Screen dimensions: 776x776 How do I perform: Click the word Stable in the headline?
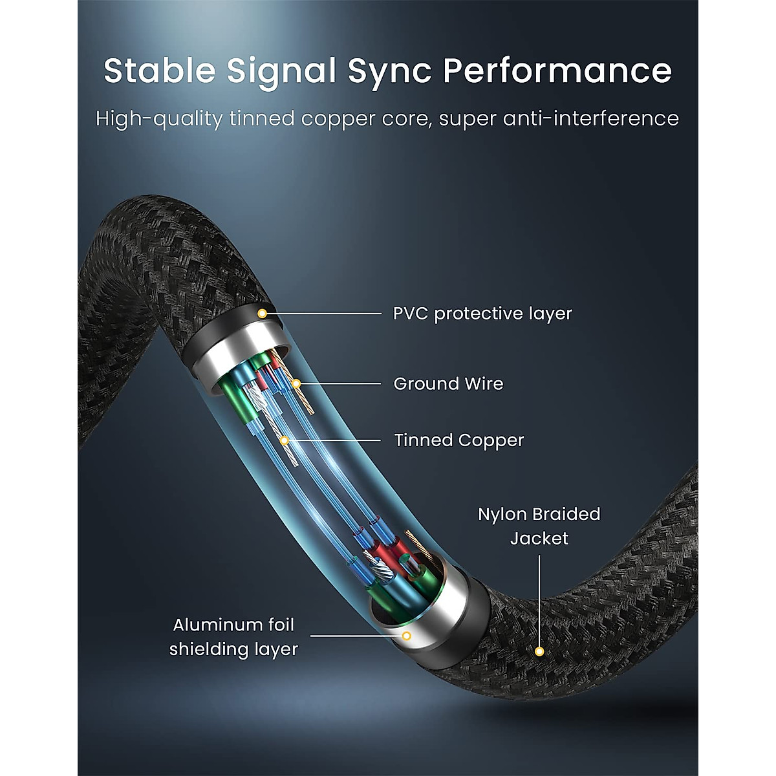pos(159,70)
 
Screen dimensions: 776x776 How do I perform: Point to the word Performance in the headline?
pos(557,70)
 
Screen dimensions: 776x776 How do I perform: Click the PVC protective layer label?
pos(482,314)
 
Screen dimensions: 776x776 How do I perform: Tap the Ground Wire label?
pos(448,384)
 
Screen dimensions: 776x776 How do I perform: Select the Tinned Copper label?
pos(459,440)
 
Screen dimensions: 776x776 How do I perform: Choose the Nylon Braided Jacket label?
pos(539,526)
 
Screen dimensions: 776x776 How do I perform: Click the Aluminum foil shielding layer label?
pos(233,637)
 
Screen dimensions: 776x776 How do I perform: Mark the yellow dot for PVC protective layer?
pos(262,314)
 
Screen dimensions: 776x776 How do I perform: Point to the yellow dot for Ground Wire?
pos(296,384)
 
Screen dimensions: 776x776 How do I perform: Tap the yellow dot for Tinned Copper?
pos(285,440)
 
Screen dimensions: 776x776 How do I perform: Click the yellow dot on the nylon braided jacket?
pos(539,652)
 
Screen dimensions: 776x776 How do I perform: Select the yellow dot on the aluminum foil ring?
pos(407,636)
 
